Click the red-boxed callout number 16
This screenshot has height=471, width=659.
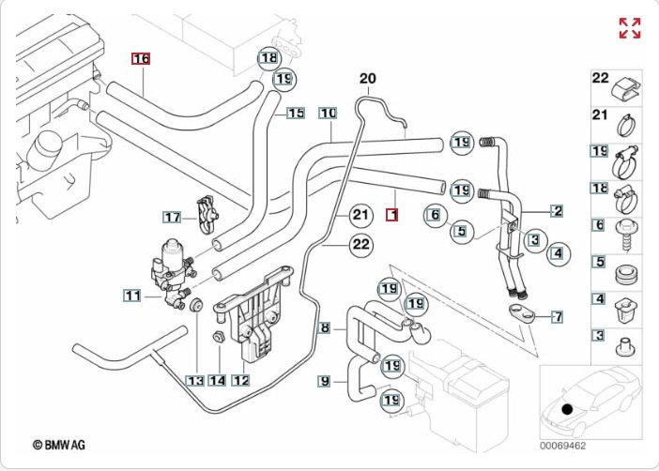coord(141,59)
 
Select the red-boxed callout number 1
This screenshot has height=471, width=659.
coord(392,214)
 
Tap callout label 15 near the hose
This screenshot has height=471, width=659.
coord(296,114)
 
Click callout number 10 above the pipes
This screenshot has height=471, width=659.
coord(327,114)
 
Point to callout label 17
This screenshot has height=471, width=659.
coord(172,218)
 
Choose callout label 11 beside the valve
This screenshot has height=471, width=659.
coord(133,296)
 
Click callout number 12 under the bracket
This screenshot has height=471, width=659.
coord(240,381)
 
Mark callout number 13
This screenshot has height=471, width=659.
coord(194,381)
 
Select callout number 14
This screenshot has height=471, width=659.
coord(218,381)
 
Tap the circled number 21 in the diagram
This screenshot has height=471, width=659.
coord(360,215)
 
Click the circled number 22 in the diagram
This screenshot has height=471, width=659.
coord(360,245)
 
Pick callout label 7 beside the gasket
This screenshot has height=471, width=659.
coord(558,316)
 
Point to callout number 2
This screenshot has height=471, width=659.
coord(557,211)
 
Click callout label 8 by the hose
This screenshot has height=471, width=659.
coord(325,328)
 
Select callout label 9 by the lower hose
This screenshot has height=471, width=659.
coord(325,381)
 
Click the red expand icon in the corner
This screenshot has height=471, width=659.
coord(630,27)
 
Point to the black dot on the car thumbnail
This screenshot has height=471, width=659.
coord(566,409)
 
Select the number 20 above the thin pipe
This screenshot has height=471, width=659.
coord(367,78)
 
